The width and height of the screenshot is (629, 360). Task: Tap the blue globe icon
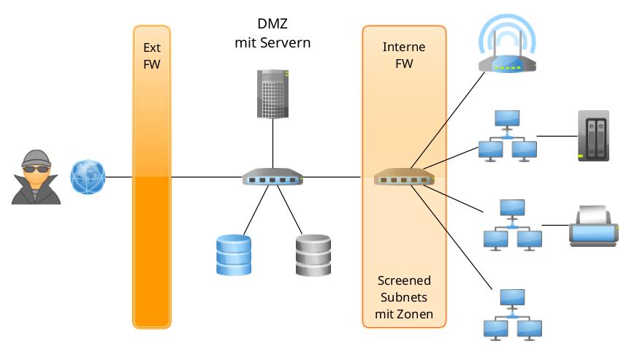tap(88, 177)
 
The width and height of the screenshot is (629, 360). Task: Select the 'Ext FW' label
tap(151, 55)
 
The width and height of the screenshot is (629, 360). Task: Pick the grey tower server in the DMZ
tap(272, 93)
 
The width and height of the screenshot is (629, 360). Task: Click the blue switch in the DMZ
tap(272, 177)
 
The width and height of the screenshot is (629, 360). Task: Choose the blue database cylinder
tap(234, 255)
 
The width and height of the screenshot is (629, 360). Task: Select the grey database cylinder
tap(313, 255)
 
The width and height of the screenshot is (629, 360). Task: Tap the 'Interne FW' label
tap(404, 55)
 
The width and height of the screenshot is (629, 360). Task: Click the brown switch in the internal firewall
tap(404, 177)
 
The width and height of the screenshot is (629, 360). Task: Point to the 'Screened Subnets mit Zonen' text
tap(404, 297)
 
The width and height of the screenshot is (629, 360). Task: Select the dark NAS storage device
tap(592, 136)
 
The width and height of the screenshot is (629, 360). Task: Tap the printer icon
tap(593, 226)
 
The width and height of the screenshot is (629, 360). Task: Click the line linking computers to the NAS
tap(557, 136)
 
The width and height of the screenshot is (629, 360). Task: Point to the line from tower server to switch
tap(272, 144)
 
